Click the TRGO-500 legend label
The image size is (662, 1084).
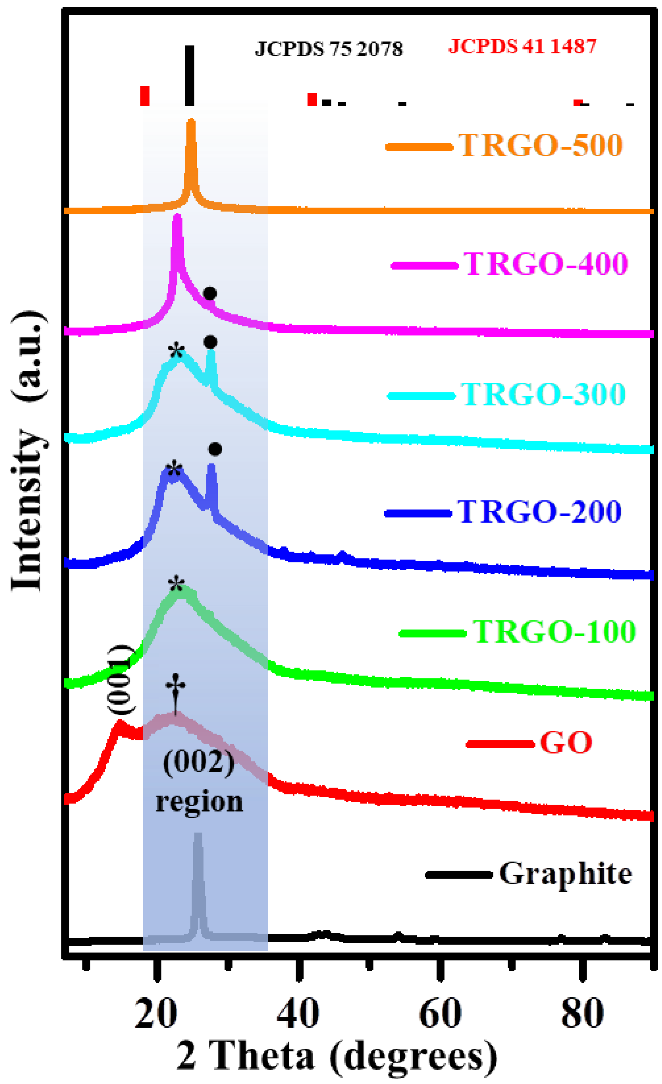coord(541,145)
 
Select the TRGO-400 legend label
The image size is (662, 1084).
coord(545,264)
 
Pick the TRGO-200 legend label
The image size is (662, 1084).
coord(539,512)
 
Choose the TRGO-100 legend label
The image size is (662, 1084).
coord(554,632)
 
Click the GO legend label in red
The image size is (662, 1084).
coord(566,743)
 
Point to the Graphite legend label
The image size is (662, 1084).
coord(565,874)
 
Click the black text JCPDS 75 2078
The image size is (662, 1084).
coord(328,48)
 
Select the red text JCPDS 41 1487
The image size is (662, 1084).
coord(522,46)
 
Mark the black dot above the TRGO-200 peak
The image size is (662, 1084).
coord(215,449)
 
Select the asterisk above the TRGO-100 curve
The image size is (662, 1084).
coord(176,585)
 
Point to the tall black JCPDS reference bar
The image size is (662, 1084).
coord(190,76)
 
